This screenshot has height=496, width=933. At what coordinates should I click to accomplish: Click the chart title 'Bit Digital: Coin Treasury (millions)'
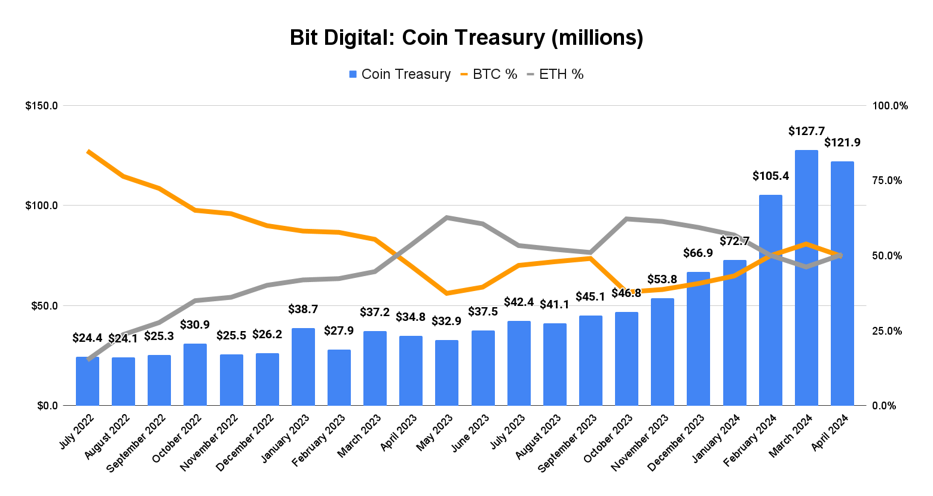(466, 38)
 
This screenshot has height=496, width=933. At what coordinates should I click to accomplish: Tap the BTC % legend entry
(488, 74)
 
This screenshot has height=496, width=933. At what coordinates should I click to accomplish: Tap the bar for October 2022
(195, 375)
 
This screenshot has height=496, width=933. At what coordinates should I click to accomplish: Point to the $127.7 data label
(806, 131)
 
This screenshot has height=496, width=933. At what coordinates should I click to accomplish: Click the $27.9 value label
(339, 330)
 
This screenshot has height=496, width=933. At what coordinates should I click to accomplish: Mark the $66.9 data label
(698, 253)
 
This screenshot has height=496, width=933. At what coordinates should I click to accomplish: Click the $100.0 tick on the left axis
(41, 206)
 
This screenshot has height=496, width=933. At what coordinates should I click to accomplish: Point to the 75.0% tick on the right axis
(887, 180)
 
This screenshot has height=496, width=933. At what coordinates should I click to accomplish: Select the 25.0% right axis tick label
(887, 330)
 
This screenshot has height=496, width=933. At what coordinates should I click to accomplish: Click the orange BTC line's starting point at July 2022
(88, 151)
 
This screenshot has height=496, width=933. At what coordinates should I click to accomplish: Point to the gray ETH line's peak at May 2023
(447, 218)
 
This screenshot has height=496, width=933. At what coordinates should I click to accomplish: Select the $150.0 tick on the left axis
(41, 106)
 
